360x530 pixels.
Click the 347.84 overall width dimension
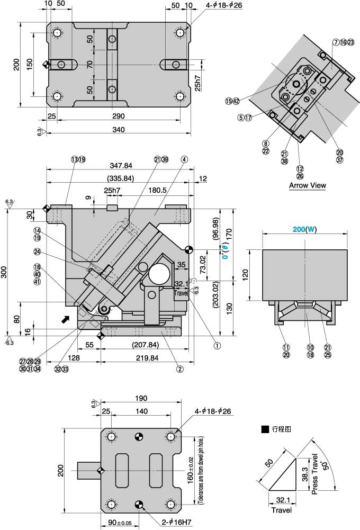(x=121, y=166)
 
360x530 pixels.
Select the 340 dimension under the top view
(x=118, y=130)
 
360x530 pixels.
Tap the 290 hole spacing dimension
(x=118, y=116)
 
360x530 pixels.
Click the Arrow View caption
(x=307, y=185)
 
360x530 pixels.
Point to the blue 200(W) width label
(x=304, y=229)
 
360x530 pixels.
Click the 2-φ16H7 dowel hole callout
(x=176, y=522)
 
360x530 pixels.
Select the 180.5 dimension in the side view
(x=158, y=190)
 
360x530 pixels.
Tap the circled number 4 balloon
(x=184, y=159)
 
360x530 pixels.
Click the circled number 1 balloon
(x=217, y=345)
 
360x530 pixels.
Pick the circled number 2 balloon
(x=180, y=369)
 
